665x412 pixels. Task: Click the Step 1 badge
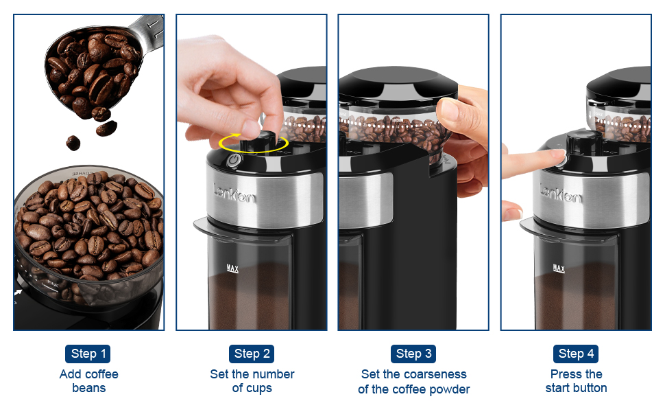point(89,354)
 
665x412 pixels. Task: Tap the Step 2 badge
point(252,354)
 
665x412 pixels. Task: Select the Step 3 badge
point(414,354)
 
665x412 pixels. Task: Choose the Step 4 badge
point(576,354)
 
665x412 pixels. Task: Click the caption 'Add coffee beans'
point(89,381)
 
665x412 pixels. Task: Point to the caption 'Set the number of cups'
point(252,381)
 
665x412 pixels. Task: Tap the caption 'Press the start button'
point(576,381)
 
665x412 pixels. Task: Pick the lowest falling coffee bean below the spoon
point(73,143)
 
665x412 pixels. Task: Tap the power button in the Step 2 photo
point(234,159)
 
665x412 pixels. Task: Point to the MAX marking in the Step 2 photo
point(232,269)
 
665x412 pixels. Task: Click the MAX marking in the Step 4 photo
point(559,269)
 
